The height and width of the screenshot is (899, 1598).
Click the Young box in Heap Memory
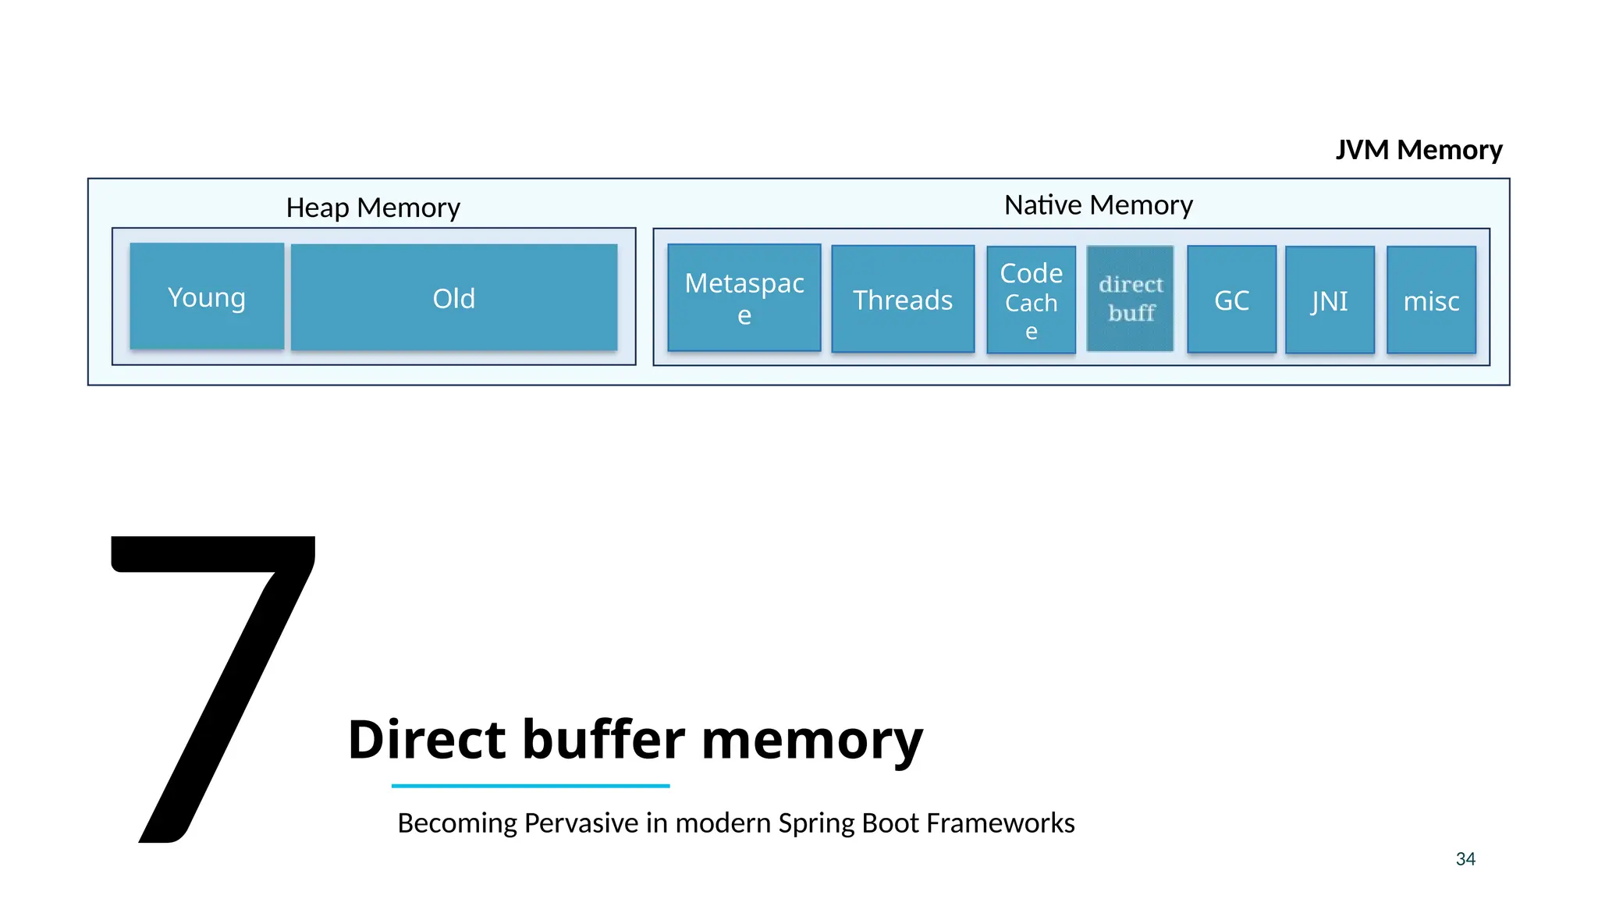[x=207, y=297]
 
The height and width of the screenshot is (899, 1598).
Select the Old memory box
[x=454, y=297]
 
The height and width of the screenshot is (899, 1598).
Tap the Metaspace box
[x=744, y=297]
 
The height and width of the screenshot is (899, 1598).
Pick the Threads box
[x=903, y=299]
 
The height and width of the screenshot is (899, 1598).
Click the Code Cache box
[x=1031, y=300]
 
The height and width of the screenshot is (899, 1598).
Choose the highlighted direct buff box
[x=1130, y=298]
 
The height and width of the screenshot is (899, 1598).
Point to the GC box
[x=1231, y=300]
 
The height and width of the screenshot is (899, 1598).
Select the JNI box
[x=1330, y=300]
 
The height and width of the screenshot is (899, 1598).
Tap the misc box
[x=1431, y=300]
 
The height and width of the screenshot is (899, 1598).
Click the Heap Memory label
[x=373, y=208]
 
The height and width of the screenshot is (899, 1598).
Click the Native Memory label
[x=1098, y=204]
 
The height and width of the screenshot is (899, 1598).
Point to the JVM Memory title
[x=1419, y=149]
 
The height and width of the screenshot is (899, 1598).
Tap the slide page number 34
[x=1465, y=858]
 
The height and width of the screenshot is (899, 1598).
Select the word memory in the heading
[x=812, y=740]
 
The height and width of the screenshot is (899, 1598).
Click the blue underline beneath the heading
[x=531, y=786]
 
